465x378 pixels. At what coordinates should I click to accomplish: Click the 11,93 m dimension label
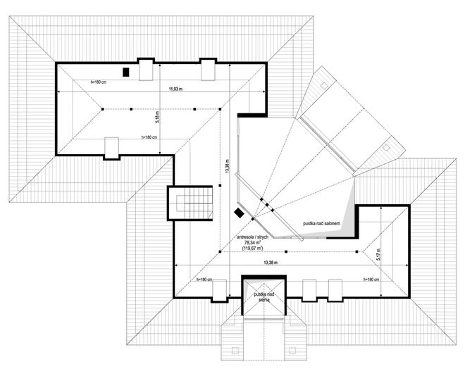[175, 89]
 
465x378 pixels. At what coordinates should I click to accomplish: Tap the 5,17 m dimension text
[378, 253]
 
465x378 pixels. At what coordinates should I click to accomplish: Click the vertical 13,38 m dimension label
[227, 165]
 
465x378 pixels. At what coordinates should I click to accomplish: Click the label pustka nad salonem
[322, 222]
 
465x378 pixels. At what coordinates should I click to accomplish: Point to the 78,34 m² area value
[253, 242]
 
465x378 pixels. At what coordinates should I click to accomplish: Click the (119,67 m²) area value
[253, 248]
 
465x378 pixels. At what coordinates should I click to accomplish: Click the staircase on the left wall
[190, 203]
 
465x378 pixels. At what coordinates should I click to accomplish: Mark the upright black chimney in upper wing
[126, 71]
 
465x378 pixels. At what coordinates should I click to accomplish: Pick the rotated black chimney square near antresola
[240, 211]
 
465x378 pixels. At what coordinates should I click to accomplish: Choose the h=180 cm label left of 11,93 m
[98, 82]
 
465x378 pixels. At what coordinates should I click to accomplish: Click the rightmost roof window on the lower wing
[335, 289]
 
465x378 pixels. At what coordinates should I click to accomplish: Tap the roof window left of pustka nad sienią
[220, 290]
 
